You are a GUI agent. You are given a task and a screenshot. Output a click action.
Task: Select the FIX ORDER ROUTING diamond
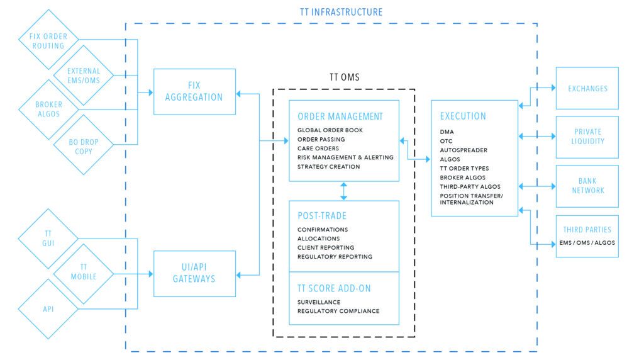(47, 41)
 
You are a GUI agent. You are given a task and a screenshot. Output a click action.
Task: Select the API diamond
(47, 308)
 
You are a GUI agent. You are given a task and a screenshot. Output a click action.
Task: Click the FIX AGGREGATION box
(194, 92)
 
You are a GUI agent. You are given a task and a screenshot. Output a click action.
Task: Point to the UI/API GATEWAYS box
(194, 274)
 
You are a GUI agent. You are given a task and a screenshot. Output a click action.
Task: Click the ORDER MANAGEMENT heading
(340, 116)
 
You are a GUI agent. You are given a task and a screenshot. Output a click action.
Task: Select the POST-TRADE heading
(321, 215)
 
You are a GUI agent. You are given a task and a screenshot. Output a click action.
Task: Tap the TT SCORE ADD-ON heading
(335, 288)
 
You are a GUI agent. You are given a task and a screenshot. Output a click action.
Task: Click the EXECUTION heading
(463, 116)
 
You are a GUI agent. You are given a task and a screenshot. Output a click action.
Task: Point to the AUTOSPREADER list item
(464, 150)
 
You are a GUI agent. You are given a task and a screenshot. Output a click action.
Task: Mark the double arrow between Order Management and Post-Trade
(343, 191)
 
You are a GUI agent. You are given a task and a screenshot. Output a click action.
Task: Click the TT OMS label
(344, 77)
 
